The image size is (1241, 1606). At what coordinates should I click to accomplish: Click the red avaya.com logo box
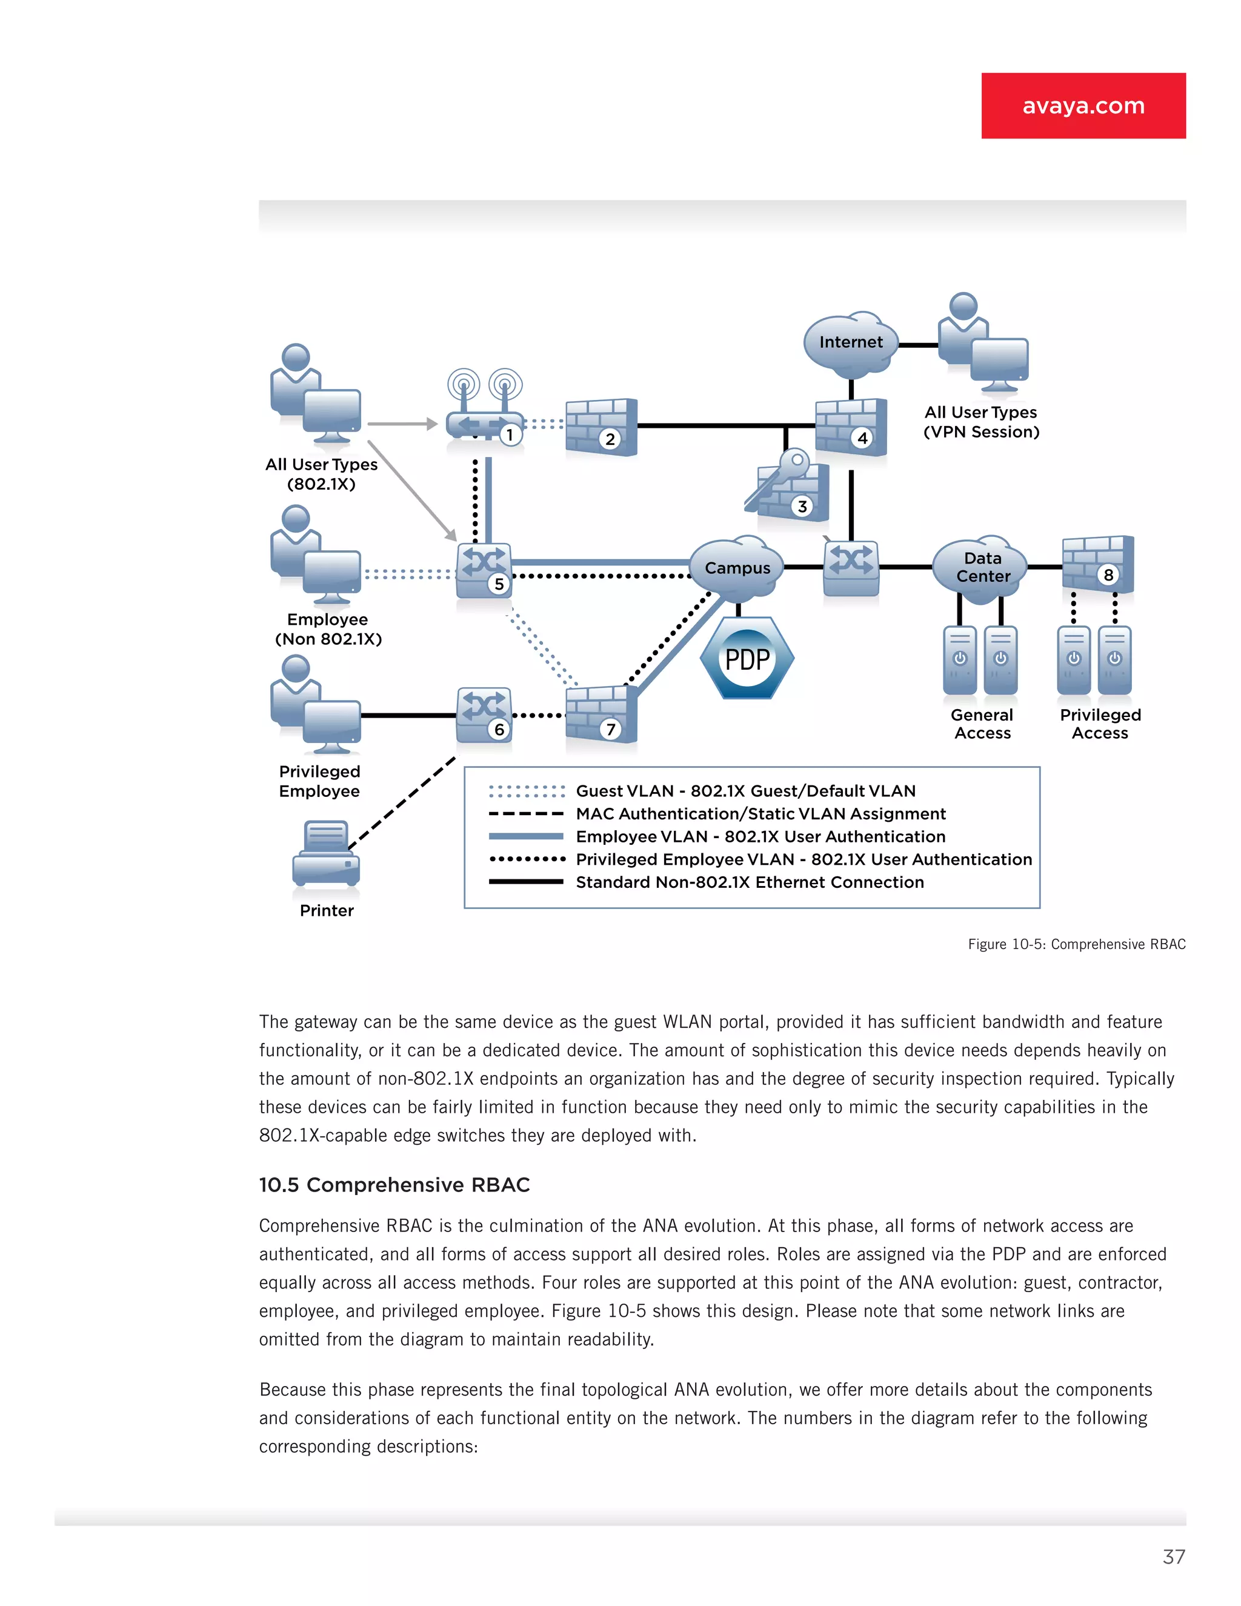click(x=1083, y=105)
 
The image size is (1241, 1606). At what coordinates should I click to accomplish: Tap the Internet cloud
click(x=851, y=342)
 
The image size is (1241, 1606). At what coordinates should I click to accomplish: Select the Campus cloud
click(x=737, y=568)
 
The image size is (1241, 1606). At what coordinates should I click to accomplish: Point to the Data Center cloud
click(x=982, y=568)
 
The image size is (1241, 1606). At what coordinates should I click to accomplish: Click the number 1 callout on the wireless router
click(x=510, y=435)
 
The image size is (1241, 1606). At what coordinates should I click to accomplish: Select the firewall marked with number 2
click(x=601, y=427)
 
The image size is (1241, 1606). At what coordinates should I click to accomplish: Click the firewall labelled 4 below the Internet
click(x=851, y=427)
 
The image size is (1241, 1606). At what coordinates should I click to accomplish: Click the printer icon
click(x=327, y=855)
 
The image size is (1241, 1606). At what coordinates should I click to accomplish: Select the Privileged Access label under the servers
click(x=1100, y=724)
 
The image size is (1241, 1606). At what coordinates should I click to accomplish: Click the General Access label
click(x=982, y=724)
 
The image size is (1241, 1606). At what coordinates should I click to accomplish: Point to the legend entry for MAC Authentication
click(x=760, y=814)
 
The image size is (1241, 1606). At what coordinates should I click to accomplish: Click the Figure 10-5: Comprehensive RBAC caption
click(x=1076, y=944)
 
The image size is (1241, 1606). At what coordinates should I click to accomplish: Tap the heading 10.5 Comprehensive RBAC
click(x=394, y=1185)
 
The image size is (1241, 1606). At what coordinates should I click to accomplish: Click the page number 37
click(x=1173, y=1557)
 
